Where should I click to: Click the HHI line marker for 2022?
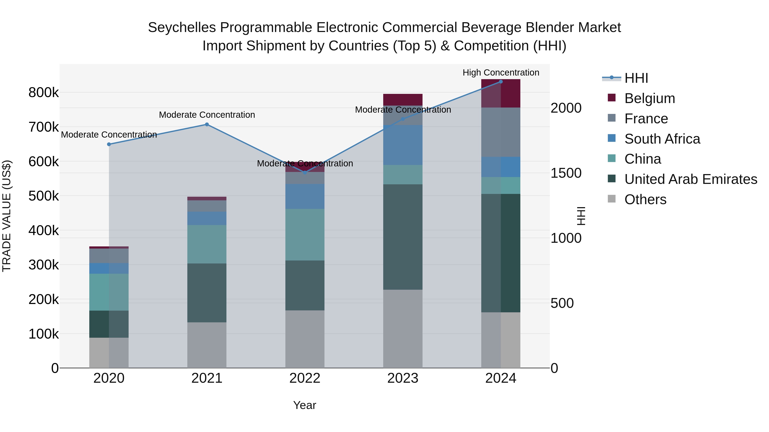tap(305, 173)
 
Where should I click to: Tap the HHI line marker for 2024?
tap(501, 82)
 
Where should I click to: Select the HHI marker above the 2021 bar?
tap(207, 125)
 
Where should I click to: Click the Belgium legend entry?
tap(649, 98)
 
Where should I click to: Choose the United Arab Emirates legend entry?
tap(690, 179)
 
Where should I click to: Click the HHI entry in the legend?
tap(636, 78)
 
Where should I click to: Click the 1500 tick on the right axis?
tap(566, 173)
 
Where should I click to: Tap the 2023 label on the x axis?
tap(403, 378)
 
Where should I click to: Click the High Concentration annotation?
tap(501, 73)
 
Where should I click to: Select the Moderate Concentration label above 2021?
tap(207, 115)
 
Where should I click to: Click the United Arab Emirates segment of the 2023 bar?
tap(403, 237)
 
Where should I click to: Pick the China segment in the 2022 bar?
tap(305, 235)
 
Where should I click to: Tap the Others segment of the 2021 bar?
tap(207, 345)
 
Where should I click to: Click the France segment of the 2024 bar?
tap(501, 132)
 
